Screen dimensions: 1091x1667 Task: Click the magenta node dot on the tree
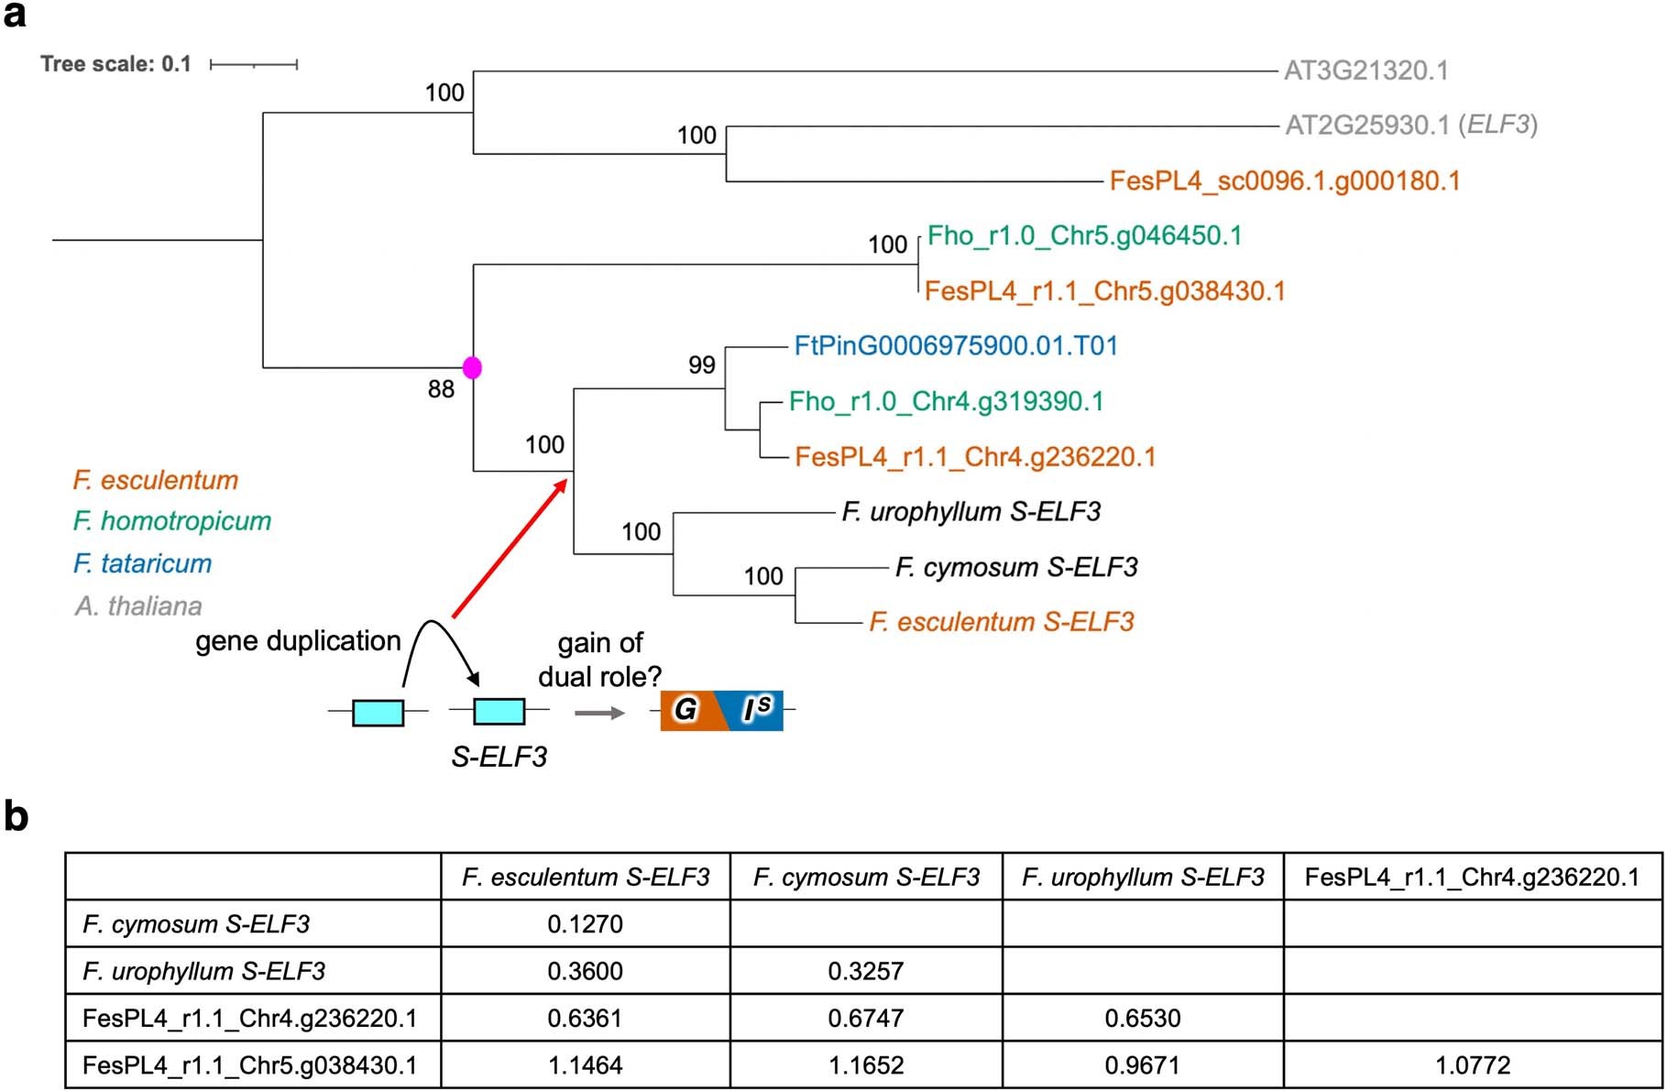(472, 367)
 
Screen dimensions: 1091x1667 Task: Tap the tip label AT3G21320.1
(1365, 71)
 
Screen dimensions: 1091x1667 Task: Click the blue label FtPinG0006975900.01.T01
(956, 346)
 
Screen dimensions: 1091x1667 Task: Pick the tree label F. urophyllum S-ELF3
(971, 512)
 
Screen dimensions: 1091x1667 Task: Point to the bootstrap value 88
(441, 389)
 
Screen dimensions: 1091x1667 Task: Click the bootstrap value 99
(702, 365)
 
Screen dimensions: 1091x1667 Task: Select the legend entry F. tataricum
(142, 563)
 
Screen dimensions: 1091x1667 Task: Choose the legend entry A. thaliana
(138, 606)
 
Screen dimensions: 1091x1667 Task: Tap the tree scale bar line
(254, 64)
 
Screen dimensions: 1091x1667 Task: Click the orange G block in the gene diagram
(687, 710)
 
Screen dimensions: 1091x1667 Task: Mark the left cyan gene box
(378, 712)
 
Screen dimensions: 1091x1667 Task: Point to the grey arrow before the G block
(599, 713)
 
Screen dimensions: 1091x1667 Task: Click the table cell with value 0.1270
(585, 923)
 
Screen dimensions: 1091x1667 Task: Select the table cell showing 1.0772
(1473, 1065)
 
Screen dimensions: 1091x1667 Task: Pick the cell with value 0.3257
(865, 971)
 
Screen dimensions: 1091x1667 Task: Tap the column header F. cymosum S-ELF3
(866, 878)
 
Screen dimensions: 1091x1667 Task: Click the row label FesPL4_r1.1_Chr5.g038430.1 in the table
(249, 1065)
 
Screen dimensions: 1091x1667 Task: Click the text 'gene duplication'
(298, 641)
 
